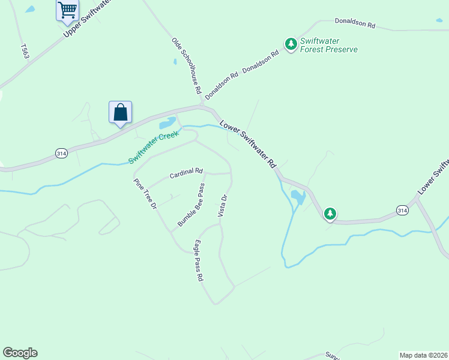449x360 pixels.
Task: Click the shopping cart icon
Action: pos(67,9)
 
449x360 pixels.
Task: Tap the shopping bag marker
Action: pos(120,112)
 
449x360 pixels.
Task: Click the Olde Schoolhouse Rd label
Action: pos(186,66)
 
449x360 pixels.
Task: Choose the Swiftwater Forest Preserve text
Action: pos(329,45)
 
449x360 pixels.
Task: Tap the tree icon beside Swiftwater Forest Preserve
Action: pos(291,44)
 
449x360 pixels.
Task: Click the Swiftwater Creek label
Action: pos(154,148)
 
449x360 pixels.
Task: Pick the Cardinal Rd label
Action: pos(186,173)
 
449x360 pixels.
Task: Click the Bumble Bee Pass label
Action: pos(191,205)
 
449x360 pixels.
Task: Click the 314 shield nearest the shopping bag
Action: pos(61,154)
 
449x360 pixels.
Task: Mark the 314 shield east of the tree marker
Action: pos(402,209)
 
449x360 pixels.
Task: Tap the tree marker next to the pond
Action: pos(330,213)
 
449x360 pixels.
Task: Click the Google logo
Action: pos(20,353)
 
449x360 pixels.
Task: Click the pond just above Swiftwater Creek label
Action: pos(166,124)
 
